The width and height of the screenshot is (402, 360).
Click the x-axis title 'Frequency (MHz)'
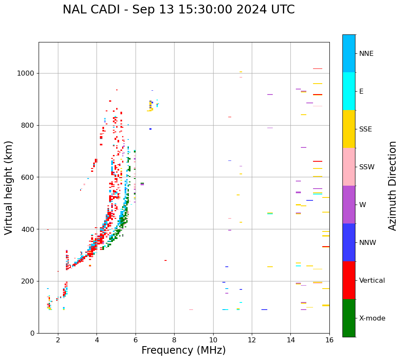click(183, 350)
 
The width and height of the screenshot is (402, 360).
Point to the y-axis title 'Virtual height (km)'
click(9, 187)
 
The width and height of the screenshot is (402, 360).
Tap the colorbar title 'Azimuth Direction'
click(392, 186)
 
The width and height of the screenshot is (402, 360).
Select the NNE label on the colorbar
click(366, 54)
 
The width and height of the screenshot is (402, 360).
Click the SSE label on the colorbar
click(365, 129)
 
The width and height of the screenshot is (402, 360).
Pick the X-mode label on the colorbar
click(372, 318)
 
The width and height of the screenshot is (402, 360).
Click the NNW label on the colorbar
click(368, 243)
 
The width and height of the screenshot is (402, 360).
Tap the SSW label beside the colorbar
click(367, 167)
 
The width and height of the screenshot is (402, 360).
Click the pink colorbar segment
click(349, 167)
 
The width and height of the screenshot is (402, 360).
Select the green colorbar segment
click(349, 318)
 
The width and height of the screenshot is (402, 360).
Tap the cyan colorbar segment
click(349, 91)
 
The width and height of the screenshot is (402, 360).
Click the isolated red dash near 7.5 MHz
click(165, 260)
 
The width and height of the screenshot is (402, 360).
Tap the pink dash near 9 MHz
click(191, 310)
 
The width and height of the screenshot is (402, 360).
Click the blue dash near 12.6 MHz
click(264, 310)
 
